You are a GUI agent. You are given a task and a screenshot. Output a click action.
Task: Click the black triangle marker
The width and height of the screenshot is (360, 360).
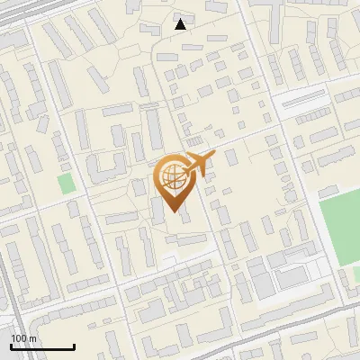[181, 24]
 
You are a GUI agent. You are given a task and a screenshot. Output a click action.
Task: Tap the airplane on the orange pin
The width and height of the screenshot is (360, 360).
[199, 164]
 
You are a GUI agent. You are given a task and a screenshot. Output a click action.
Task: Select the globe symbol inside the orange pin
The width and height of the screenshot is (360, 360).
[171, 177]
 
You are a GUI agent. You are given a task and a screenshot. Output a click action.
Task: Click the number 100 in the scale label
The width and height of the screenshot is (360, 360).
[18, 338]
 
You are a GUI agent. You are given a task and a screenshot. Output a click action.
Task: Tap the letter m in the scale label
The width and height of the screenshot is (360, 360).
[31, 338]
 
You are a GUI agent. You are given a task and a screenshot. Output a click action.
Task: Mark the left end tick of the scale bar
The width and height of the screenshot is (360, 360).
[11, 346]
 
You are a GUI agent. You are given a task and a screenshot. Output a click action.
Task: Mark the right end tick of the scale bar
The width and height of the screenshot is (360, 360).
[74, 346]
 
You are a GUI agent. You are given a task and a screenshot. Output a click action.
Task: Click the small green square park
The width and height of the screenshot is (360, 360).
[66, 184]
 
